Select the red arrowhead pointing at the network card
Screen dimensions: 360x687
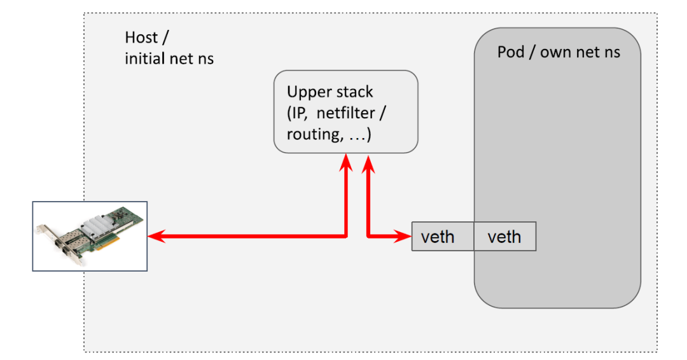point(155,237)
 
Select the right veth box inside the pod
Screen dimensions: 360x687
point(504,237)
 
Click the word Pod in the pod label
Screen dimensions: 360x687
point(510,52)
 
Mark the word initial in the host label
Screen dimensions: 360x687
point(146,59)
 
